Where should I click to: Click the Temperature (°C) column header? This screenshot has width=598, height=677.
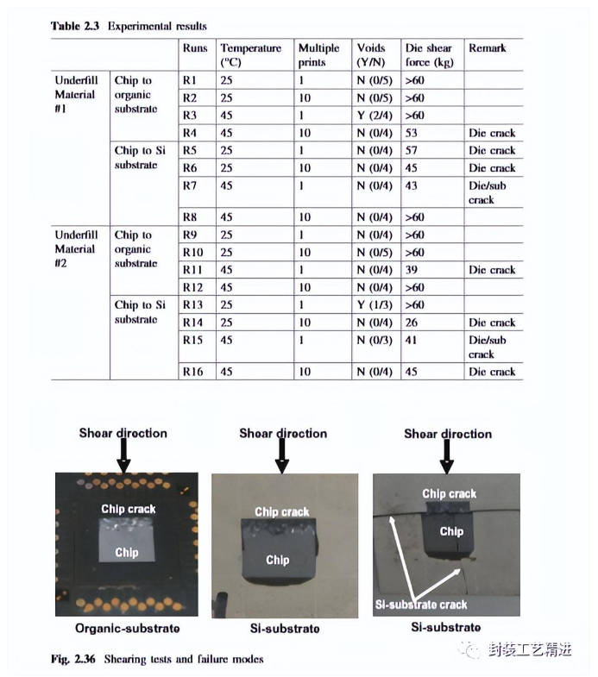250,55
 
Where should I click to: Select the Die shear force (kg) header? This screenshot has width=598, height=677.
429,55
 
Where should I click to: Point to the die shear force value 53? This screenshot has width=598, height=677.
412,133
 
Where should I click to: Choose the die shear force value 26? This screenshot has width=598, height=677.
412,322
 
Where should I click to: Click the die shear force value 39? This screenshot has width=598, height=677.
412,270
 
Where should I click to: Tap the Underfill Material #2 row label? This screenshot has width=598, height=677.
76,249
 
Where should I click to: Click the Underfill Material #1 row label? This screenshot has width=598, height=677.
76,94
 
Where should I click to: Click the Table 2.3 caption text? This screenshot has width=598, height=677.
129,26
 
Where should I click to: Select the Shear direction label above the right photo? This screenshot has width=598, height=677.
448,434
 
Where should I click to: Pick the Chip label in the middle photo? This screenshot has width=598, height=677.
278,560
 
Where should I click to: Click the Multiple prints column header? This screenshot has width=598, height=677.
318,55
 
